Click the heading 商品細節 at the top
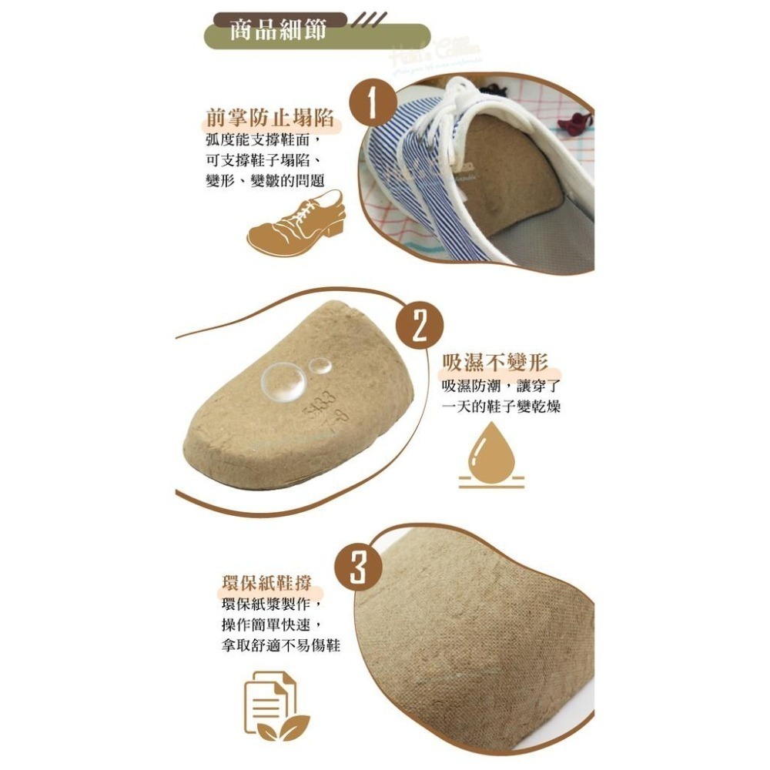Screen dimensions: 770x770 tap(278, 30)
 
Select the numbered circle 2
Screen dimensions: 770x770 tap(419, 326)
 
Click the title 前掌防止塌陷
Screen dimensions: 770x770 tap(269, 119)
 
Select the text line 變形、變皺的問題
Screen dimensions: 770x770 tap(264, 179)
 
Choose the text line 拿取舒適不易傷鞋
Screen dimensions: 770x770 tap(280, 644)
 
